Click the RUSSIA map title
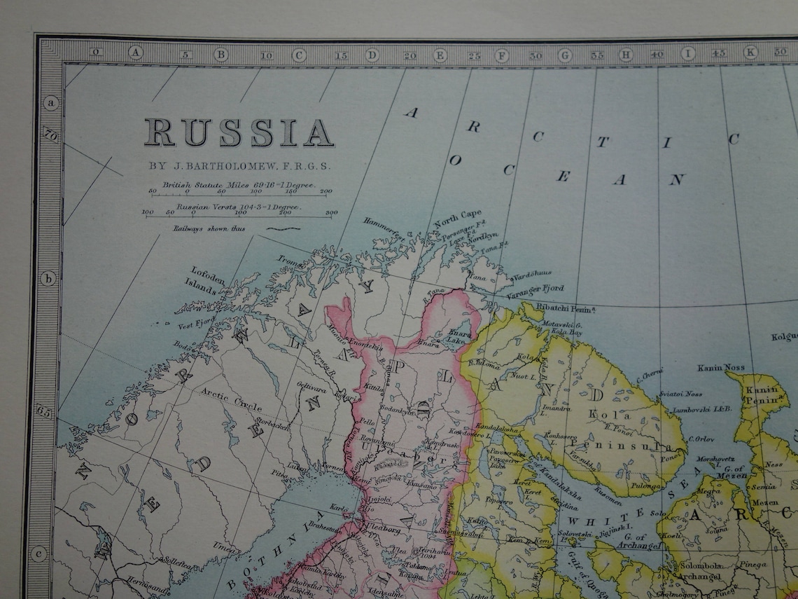pos(239,132)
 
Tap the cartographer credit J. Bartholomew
pos(239,167)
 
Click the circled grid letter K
pos(750,53)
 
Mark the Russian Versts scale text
pos(238,207)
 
